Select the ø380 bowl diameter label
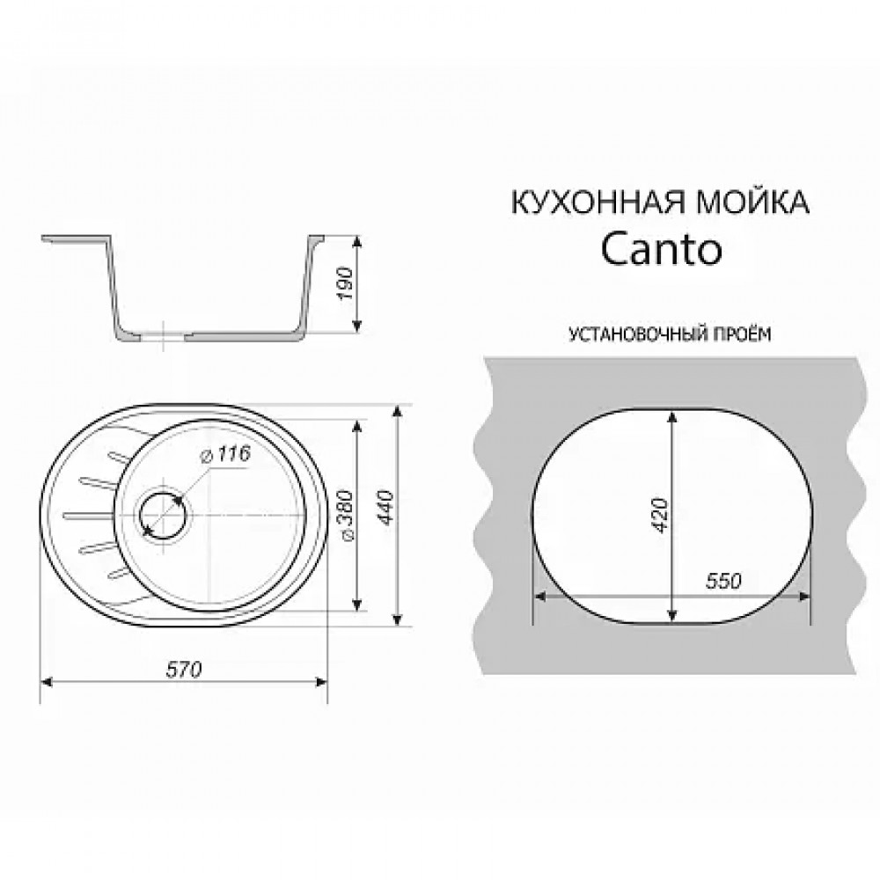pyautogui.click(x=346, y=519)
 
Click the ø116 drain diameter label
pyautogui.click(x=226, y=455)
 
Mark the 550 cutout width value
pyautogui.click(x=723, y=582)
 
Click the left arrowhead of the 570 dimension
pyautogui.click(x=49, y=681)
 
